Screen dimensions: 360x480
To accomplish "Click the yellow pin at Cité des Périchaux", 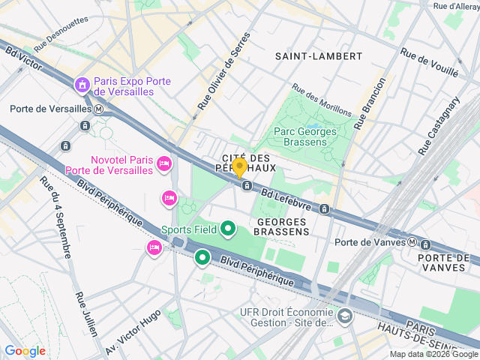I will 239,166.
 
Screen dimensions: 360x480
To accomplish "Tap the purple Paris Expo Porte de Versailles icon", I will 81,86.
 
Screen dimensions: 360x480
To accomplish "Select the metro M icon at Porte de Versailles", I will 98,109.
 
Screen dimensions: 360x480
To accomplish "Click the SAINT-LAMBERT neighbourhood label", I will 318,56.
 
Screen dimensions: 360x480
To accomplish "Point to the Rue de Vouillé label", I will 429,63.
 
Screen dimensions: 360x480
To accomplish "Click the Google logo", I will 25,350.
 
